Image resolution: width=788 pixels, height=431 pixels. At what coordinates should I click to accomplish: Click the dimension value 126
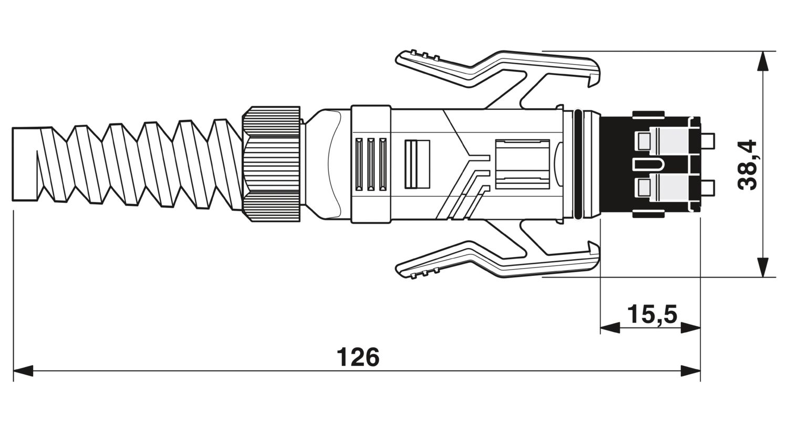358,357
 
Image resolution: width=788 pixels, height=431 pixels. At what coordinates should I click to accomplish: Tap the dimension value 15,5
652,314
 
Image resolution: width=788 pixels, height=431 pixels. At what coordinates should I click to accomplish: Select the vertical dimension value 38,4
748,165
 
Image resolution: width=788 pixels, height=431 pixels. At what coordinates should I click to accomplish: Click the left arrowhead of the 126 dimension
23,371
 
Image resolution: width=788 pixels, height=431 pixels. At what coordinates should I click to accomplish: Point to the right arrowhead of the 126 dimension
690,371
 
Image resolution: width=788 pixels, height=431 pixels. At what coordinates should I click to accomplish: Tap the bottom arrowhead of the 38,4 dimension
762,267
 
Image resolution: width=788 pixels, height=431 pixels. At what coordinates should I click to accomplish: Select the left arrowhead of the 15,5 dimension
610,328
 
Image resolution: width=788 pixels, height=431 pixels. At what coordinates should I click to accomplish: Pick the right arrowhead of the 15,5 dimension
690,328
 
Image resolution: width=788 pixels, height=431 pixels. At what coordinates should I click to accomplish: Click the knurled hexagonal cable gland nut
272,164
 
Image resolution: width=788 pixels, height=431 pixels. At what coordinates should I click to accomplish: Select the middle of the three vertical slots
371,165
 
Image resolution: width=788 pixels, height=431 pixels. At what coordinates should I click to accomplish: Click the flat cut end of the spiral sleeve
25,165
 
